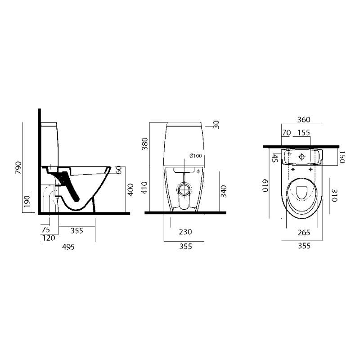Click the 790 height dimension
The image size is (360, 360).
18,167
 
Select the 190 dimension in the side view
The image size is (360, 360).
27,201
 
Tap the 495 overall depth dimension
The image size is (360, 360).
68,247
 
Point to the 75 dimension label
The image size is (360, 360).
46,229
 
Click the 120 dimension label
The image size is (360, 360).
49,238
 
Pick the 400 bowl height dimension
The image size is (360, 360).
130,189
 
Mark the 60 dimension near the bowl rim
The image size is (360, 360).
119,170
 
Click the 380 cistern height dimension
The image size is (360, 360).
145,144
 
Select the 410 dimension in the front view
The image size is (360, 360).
144,188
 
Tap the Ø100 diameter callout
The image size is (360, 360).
196,156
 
